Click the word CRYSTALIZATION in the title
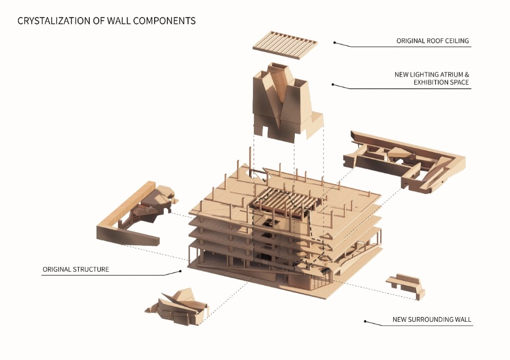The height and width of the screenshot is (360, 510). [x=50, y=21]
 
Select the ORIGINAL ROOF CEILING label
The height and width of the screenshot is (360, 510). [x=432, y=41]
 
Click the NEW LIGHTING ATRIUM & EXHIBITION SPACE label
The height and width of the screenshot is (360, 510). [x=432, y=79]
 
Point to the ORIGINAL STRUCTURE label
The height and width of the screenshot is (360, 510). [x=76, y=269]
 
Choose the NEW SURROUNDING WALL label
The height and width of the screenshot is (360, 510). [x=432, y=320]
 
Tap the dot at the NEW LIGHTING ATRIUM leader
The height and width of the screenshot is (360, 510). [x=333, y=84]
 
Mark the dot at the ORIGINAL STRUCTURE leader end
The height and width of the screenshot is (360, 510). [x=180, y=271]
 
